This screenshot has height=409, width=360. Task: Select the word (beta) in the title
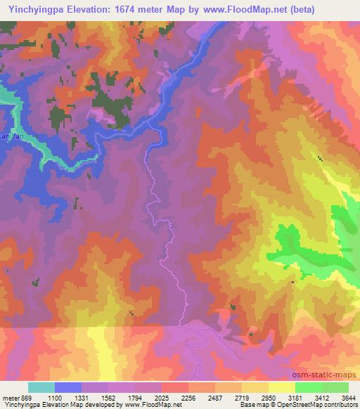tap(300, 9)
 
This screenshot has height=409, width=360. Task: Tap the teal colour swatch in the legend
tap(41, 387)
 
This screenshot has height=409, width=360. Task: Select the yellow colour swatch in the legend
tap(281, 387)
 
